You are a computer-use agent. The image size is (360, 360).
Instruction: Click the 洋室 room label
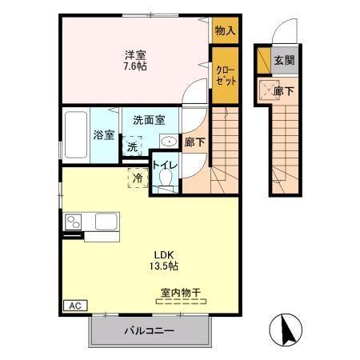pos(134,55)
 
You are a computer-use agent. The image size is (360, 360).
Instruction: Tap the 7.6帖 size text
pos(134,67)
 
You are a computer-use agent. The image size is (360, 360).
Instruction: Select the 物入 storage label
pos(225,30)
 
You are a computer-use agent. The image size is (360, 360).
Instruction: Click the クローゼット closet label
pos(224,76)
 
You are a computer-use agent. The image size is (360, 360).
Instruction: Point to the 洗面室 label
pos(149,121)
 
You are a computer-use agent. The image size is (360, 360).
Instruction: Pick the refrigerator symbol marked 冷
pos(138,178)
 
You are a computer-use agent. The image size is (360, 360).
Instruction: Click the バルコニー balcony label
pos(149,330)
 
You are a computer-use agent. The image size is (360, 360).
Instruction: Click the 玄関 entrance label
pos(283,60)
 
